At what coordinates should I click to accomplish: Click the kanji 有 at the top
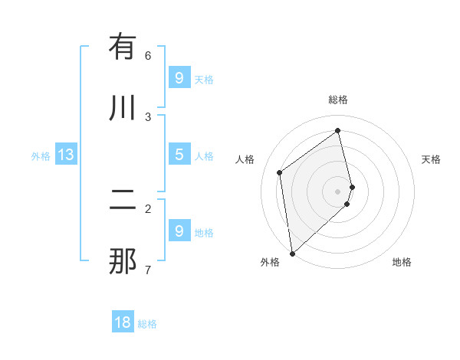123,47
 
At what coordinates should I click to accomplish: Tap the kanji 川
123,108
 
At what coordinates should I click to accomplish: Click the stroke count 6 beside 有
148,55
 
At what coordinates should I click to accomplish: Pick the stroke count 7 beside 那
148,270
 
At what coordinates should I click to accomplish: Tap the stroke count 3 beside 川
148,116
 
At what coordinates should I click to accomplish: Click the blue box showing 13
66,155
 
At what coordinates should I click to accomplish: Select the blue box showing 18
123,322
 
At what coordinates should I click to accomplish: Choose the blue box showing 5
179,155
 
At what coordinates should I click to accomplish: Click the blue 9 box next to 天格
179,78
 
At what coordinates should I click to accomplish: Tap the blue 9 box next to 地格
179,231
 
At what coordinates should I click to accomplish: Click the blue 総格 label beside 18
147,324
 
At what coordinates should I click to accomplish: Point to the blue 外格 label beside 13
41,156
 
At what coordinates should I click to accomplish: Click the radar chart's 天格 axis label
431,159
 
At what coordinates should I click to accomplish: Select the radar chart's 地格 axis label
402,262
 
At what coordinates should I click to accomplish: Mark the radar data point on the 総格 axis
338,130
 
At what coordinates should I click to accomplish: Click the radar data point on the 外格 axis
291,253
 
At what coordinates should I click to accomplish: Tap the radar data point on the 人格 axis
280,172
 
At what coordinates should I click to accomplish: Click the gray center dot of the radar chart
338,191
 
